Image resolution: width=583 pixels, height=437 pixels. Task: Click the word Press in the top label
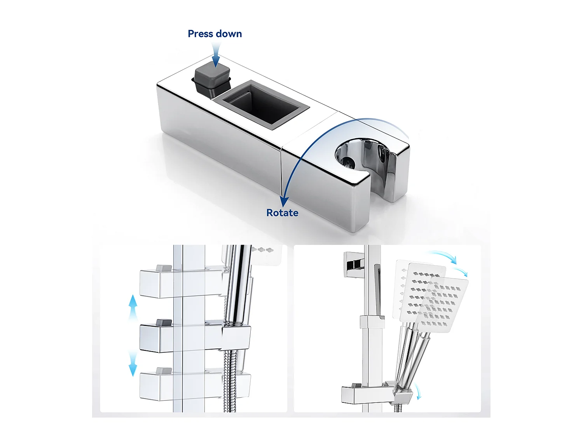tap(200, 34)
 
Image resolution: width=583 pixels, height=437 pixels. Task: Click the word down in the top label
tap(229, 34)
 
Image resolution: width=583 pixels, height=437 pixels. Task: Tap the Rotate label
tap(282, 213)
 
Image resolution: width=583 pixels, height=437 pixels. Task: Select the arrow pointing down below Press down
tap(216, 56)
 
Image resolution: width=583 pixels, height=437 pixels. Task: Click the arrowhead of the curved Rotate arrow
tap(285, 201)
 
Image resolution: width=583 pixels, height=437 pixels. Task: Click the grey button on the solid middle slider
tap(164, 322)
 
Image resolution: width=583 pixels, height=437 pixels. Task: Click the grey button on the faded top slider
tap(164, 268)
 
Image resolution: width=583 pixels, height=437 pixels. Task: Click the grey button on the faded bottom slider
tap(164, 370)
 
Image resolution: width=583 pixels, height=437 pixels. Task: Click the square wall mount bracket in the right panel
tap(354, 264)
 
